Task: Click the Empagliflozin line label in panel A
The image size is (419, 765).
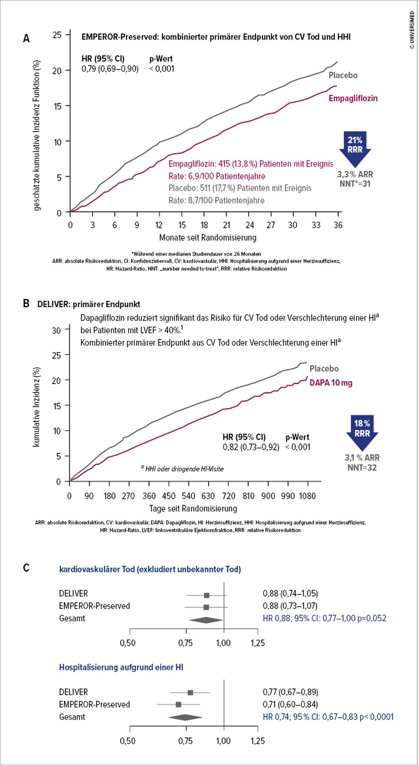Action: pyautogui.click(x=353, y=98)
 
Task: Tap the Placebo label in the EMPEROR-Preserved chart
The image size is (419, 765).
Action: pyautogui.click(x=343, y=75)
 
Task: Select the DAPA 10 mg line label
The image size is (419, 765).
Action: pyautogui.click(x=331, y=383)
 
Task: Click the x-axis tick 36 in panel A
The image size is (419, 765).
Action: pyautogui.click(x=338, y=225)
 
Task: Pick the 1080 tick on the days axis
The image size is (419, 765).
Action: pyautogui.click(x=307, y=496)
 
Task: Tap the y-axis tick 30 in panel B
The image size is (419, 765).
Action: pyautogui.click(x=56, y=330)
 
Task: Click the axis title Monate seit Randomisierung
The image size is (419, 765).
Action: pyautogui.click(x=208, y=238)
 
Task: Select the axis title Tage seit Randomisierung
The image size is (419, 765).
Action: pyautogui.click(x=193, y=508)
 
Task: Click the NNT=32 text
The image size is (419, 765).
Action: pyautogui.click(x=362, y=468)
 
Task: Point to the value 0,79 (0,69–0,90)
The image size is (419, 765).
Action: pyautogui.click(x=110, y=69)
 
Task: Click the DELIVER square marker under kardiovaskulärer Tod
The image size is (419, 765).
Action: pyautogui.click(x=207, y=595)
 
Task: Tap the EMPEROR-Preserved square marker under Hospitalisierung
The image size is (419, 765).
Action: pyautogui.click(x=178, y=704)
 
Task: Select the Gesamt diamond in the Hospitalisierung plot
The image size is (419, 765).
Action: pyautogui.click(x=185, y=717)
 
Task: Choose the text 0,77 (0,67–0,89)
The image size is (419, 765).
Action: pyautogui.click(x=291, y=692)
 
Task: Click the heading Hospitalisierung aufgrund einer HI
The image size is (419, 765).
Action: pyautogui.click(x=121, y=667)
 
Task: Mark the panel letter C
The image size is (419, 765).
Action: pyautogui.click(x=26, y=568)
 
